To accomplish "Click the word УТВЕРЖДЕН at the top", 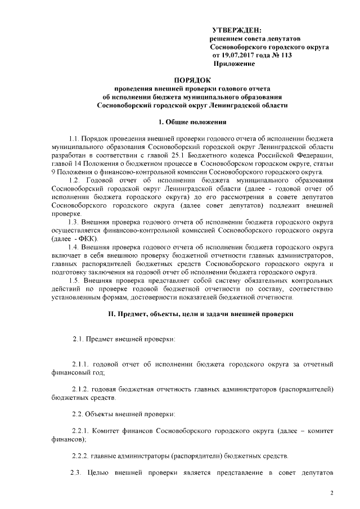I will point(237,29).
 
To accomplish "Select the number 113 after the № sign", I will point(285,56).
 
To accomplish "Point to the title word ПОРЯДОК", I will point(192,79).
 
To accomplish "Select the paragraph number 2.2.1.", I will point(82,430).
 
